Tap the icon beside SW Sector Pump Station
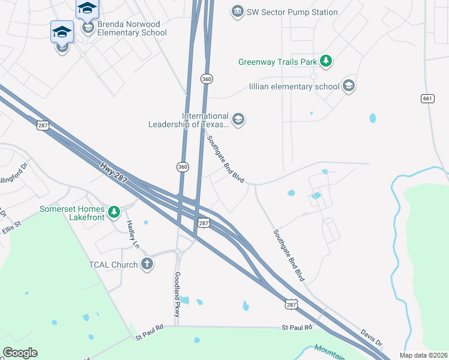point(237,11)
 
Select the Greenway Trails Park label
point(278,62)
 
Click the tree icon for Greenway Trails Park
point(326,61)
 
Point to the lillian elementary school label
point(294,86)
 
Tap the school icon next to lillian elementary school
point(349,86)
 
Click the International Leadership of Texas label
point(189,120)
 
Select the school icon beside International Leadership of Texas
point(238,119)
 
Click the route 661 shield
point(427,98)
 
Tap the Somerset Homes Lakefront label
point(72,213)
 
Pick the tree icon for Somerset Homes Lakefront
point(113,212)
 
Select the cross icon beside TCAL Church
point(147,263)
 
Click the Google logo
point(20,353)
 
